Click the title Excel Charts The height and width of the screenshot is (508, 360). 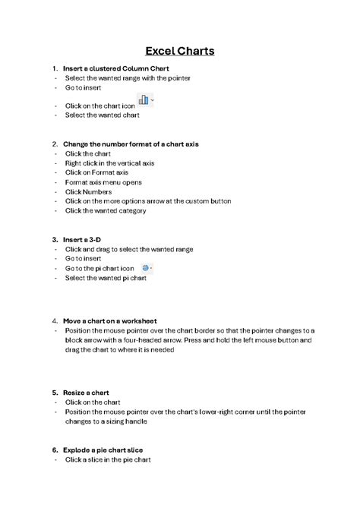pyautogui.click(x=180, y=51)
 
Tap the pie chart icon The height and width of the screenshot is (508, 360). pyautogui.click(x=145, y=268)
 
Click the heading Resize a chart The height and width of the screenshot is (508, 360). pyautogui.click(x=87, y=393)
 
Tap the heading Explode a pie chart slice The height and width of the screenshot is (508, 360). pyautogui.click(x=103, y=450)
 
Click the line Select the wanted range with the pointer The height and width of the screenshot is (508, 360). pyautogui.click(x=128, y=77)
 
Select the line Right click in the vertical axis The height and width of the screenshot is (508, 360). pyautogui.click(x=109, y=162)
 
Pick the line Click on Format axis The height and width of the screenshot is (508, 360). pyautogui.click(x=96, y=172)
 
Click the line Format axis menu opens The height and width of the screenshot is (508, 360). pyautogui.click(x=103, y=182)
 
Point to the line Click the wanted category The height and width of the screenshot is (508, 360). pyautogui.click(x=106, y=210)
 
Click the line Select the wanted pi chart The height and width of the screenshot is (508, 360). pyautogui.click(x=106, y=278)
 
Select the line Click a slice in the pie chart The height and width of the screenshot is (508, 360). pyautogui.click(x=108, y=459)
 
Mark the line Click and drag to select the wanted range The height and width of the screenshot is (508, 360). pyautogui.click(x=129, y=249)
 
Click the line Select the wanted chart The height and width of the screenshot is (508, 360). pyautogui.click(x=102, y=115)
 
